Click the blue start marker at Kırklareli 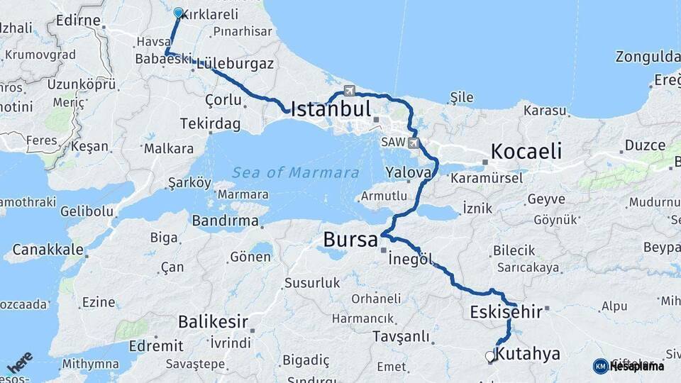coord(178,13)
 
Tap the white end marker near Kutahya coord(489,357)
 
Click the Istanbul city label coord(331,109)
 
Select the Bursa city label coord(350,240)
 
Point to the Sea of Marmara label coord(295,172)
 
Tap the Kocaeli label coord(526,150)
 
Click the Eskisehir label coord(506,311)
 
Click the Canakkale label coord(48,250)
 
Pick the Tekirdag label coord(210,123)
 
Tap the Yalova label coord(409,172)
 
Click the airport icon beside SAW coord(414,143)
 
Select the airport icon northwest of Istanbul coord(349,90)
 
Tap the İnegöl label coord(411,259)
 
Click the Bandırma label coord(225,221)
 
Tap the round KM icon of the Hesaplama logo coord(600,366)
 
